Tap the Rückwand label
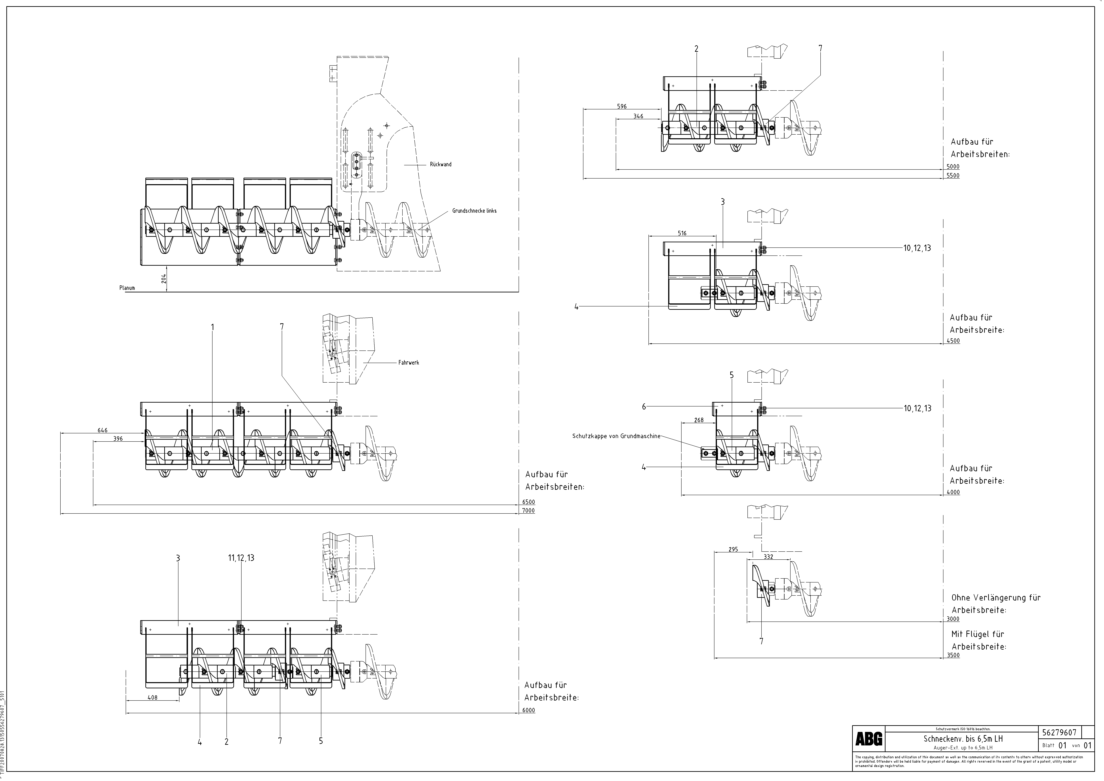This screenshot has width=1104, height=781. (x=440, y=164)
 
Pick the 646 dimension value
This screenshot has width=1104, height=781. (x=102, y=430)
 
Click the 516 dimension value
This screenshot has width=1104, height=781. (x=682, y=233)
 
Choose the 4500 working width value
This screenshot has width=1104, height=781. (x=953, y=341)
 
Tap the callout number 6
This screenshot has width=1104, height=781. (x=644, y=407)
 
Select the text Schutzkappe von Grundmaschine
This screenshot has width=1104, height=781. (x=616, y=436)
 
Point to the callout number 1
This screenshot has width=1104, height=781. (x=212, y=327)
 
